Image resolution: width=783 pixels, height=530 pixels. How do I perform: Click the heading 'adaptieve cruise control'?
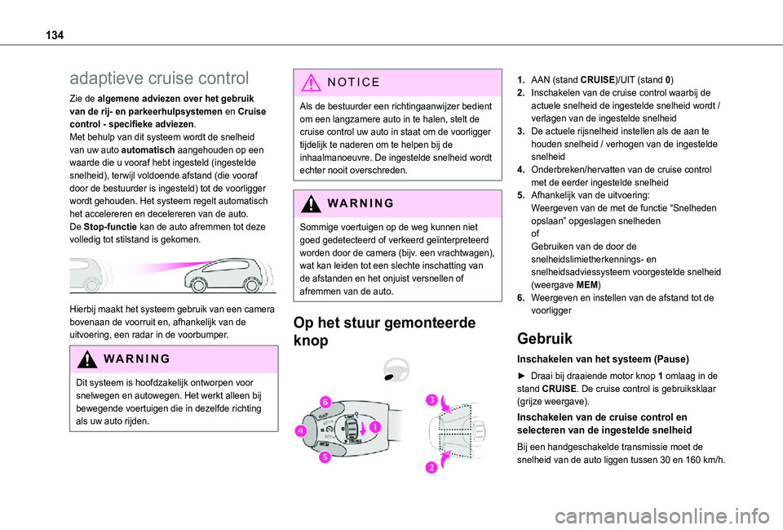tap(160, 78)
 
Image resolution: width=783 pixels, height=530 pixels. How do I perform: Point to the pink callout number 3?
tap(430, 399)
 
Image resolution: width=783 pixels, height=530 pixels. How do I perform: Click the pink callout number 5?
tap(325, 457)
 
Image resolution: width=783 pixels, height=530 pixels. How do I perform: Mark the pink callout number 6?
tap(324, 402)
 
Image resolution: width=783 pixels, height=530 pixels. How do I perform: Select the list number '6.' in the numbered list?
tap(520, 297)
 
